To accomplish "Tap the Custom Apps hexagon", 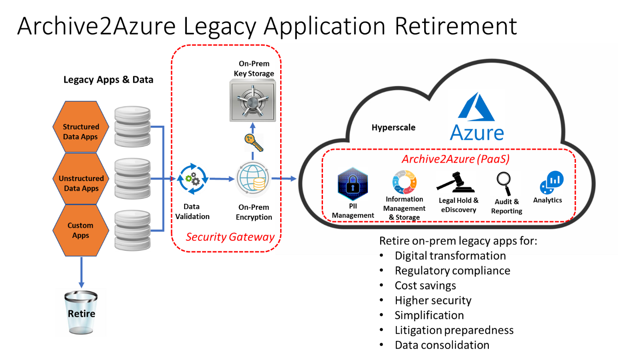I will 81,230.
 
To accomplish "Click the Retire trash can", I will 81,312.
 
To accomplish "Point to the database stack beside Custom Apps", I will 133,230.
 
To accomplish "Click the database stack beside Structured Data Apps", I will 133,127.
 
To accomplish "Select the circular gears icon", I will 192,178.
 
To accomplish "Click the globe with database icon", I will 253,178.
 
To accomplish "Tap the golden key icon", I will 253,143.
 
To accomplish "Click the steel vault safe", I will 252,100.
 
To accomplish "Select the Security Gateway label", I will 230,237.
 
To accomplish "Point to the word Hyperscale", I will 393,127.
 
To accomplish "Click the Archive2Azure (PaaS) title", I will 456,159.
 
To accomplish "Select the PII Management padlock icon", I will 353,184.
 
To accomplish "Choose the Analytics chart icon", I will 551,183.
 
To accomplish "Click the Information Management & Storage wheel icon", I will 404,182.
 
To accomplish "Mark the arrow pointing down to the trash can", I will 81,273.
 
